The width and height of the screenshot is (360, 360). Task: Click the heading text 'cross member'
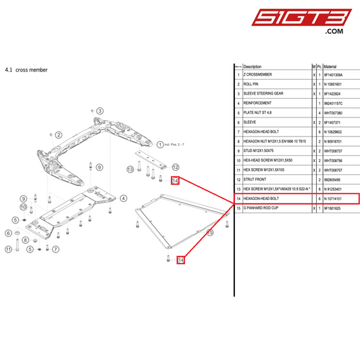click(x=32, y=70)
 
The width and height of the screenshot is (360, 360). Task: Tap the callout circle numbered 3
click(x=99, y=111)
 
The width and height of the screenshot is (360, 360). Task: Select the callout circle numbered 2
click(x=59, y=135)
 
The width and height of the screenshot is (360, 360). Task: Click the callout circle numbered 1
click(x=160, y=144)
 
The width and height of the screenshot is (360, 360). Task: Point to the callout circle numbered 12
click(x=174, y=167)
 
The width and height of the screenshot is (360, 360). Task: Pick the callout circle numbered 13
click(x=130, y=168)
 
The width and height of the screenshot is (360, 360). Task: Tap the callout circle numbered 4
click(x=124, y=198)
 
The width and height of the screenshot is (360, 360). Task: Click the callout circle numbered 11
click(x=9, y=249)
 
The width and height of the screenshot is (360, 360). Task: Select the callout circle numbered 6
click(x=9, y=233)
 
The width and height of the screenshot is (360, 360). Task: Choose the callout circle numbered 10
click(x=23, y=207)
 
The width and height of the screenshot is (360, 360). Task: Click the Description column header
click(x=252, y=67)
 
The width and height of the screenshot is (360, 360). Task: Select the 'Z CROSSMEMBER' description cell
click(x=257, y=75)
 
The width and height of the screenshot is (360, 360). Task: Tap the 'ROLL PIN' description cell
click(x=252, y=84)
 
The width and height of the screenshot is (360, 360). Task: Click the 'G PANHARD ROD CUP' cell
click(x=261, y=209)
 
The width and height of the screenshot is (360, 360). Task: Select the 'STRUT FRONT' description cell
click(x=255, y=180)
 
